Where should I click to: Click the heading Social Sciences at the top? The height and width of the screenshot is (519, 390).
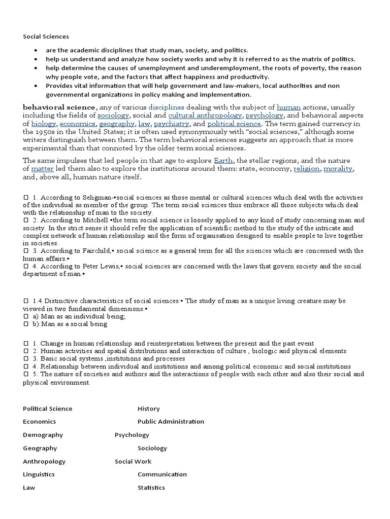pyautogui.click(x=46, y=36)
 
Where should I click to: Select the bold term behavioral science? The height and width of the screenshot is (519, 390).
pyautogui.click(x=59, y=107)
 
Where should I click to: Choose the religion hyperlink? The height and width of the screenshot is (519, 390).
pyautogui.click(x=306, y=168)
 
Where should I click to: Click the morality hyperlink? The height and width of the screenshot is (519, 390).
pyautogui.click(x=338, y=168)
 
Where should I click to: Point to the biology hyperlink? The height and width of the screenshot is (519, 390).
pyautogui.click(x=44, y=124)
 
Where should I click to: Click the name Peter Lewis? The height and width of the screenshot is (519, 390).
pyautogui.click(x=104, y=267)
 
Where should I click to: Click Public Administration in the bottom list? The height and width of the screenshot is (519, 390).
pyautogui.click(x=171, y=421)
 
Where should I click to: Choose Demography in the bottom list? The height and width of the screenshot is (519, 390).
pyautogui.click(x=43, y=435)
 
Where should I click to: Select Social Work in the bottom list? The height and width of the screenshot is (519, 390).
pyautogui.click(x=133, y=461)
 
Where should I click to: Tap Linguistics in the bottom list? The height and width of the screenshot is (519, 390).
pyautogui.click(x=39, y=474)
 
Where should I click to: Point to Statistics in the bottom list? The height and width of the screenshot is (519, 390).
pyautogui.click(x=151, y=488)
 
